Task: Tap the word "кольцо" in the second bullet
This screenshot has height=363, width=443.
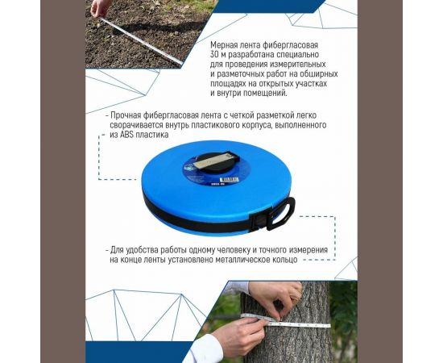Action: tap(282, 260)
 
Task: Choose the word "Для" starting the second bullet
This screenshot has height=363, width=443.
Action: tap(119, 250)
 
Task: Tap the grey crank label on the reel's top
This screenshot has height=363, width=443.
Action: tap(215, 159)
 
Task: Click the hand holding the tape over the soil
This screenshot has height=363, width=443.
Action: tap(99, 8)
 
